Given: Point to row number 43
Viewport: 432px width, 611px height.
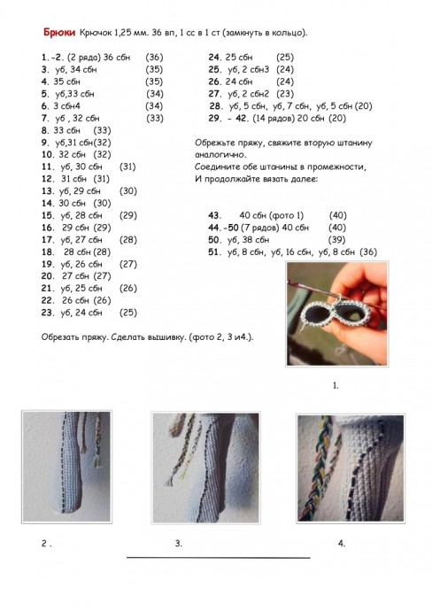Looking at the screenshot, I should (x=214, y=215).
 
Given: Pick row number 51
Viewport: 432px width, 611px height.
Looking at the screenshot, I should (x=214, y=252).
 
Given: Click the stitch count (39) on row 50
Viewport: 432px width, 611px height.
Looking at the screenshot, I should (x=336, y=240).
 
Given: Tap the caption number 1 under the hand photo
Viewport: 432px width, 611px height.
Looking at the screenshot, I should (x=335, y=387).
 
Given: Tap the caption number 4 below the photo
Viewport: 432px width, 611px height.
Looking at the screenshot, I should (x=341, y=543).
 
